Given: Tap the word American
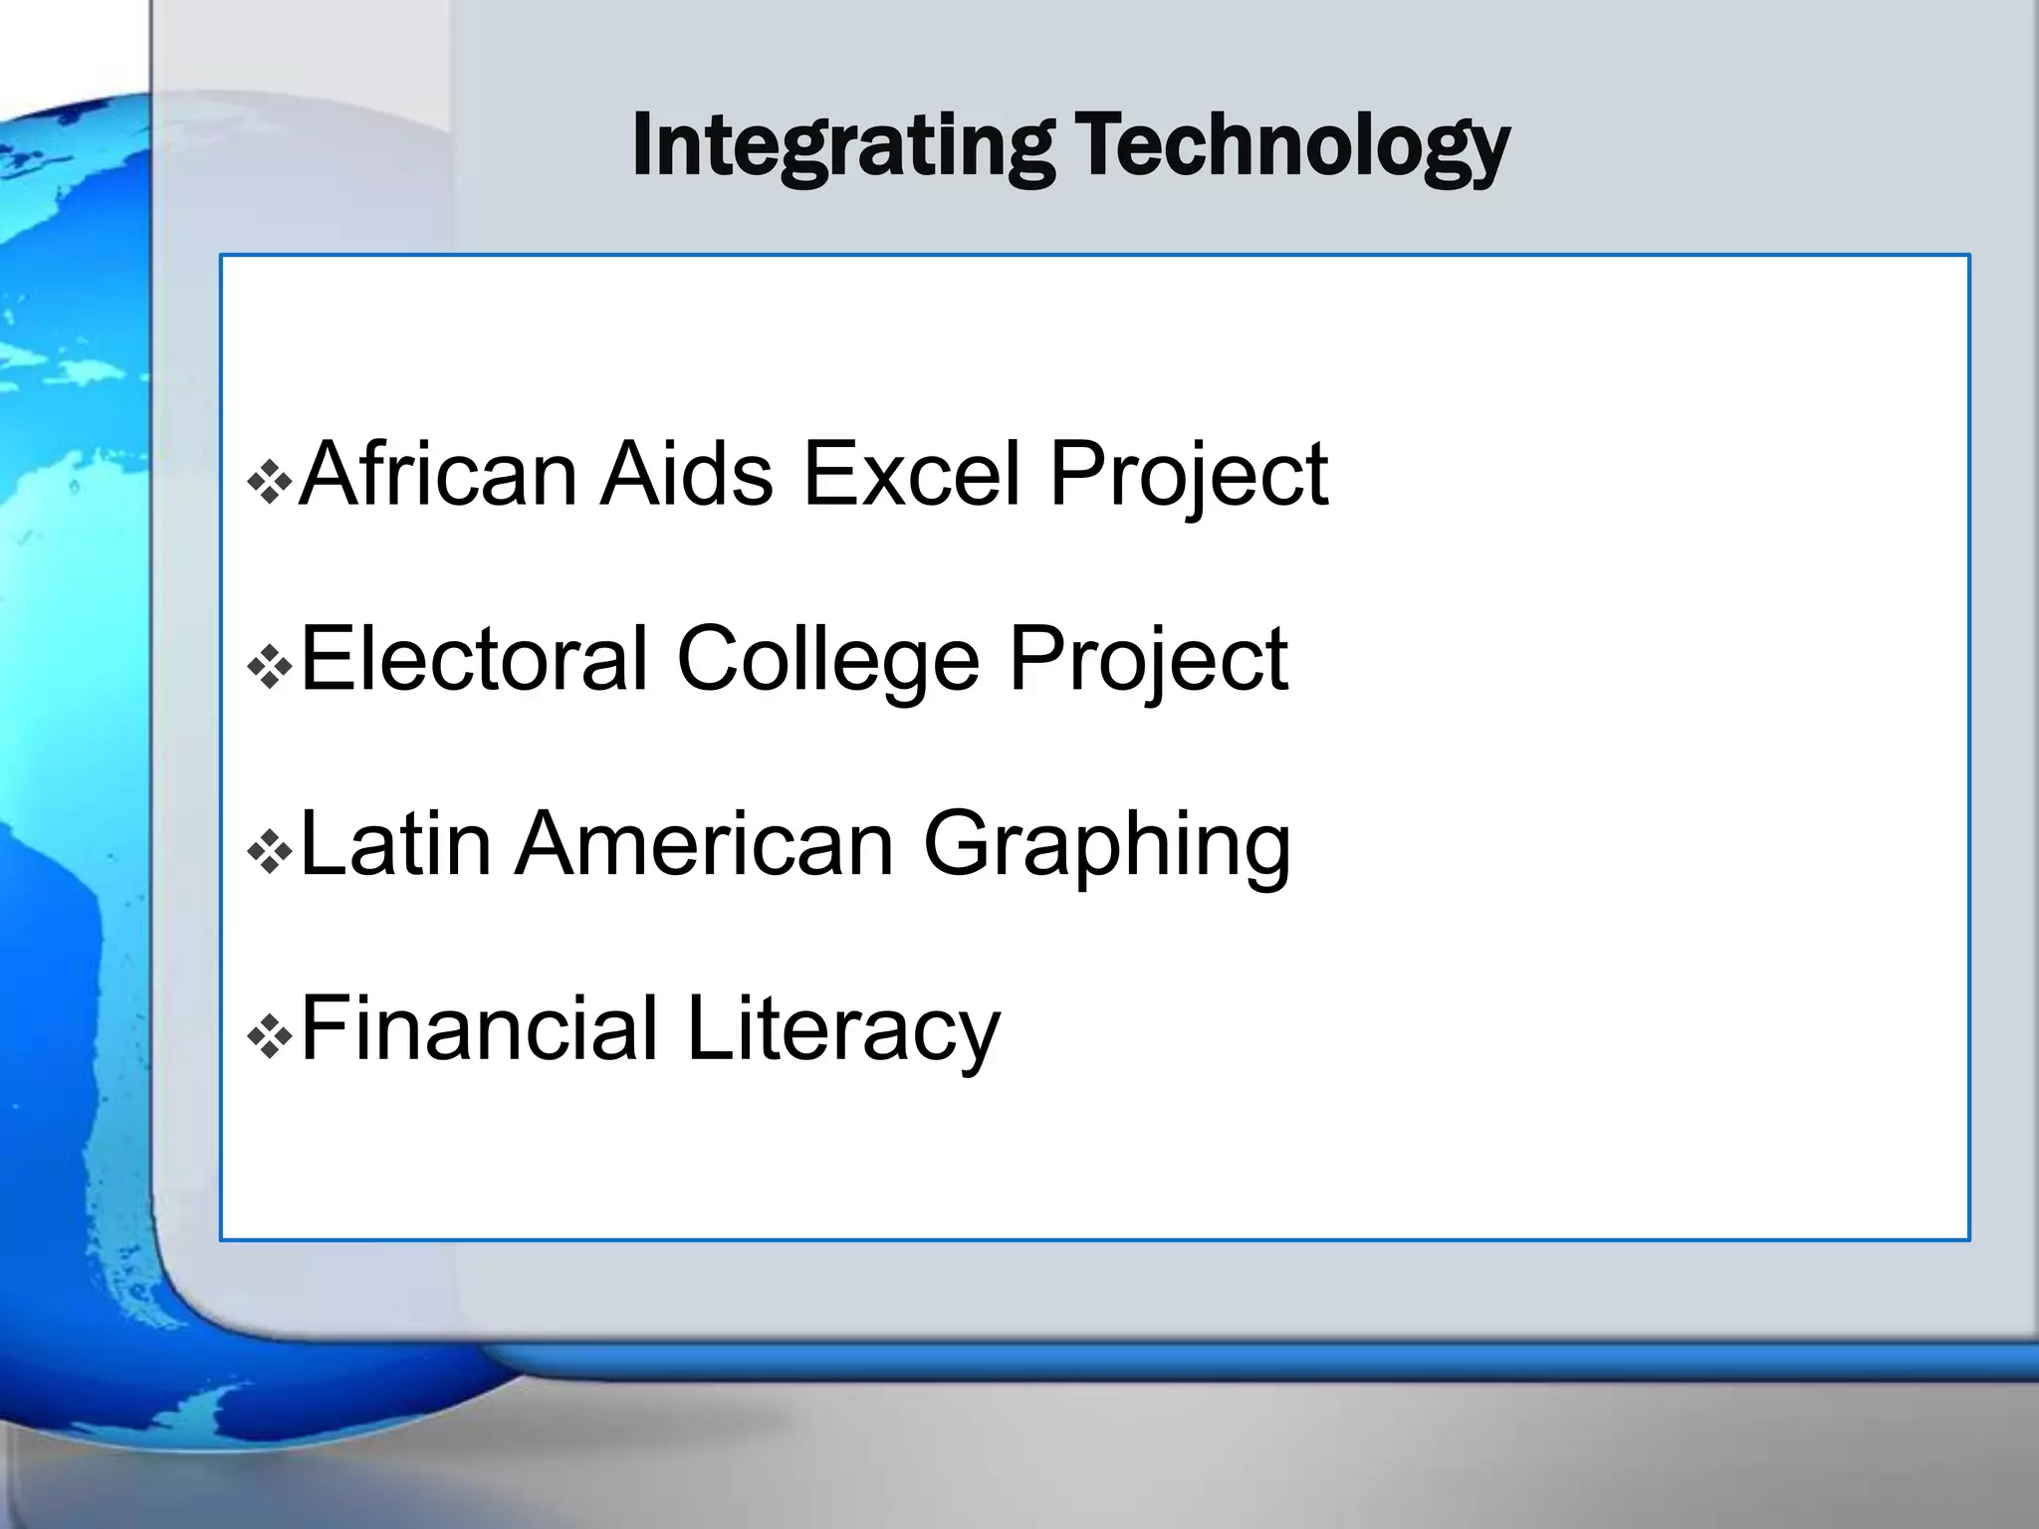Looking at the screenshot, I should pos(705,844).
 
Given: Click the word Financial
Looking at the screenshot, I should pos(479,1029).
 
